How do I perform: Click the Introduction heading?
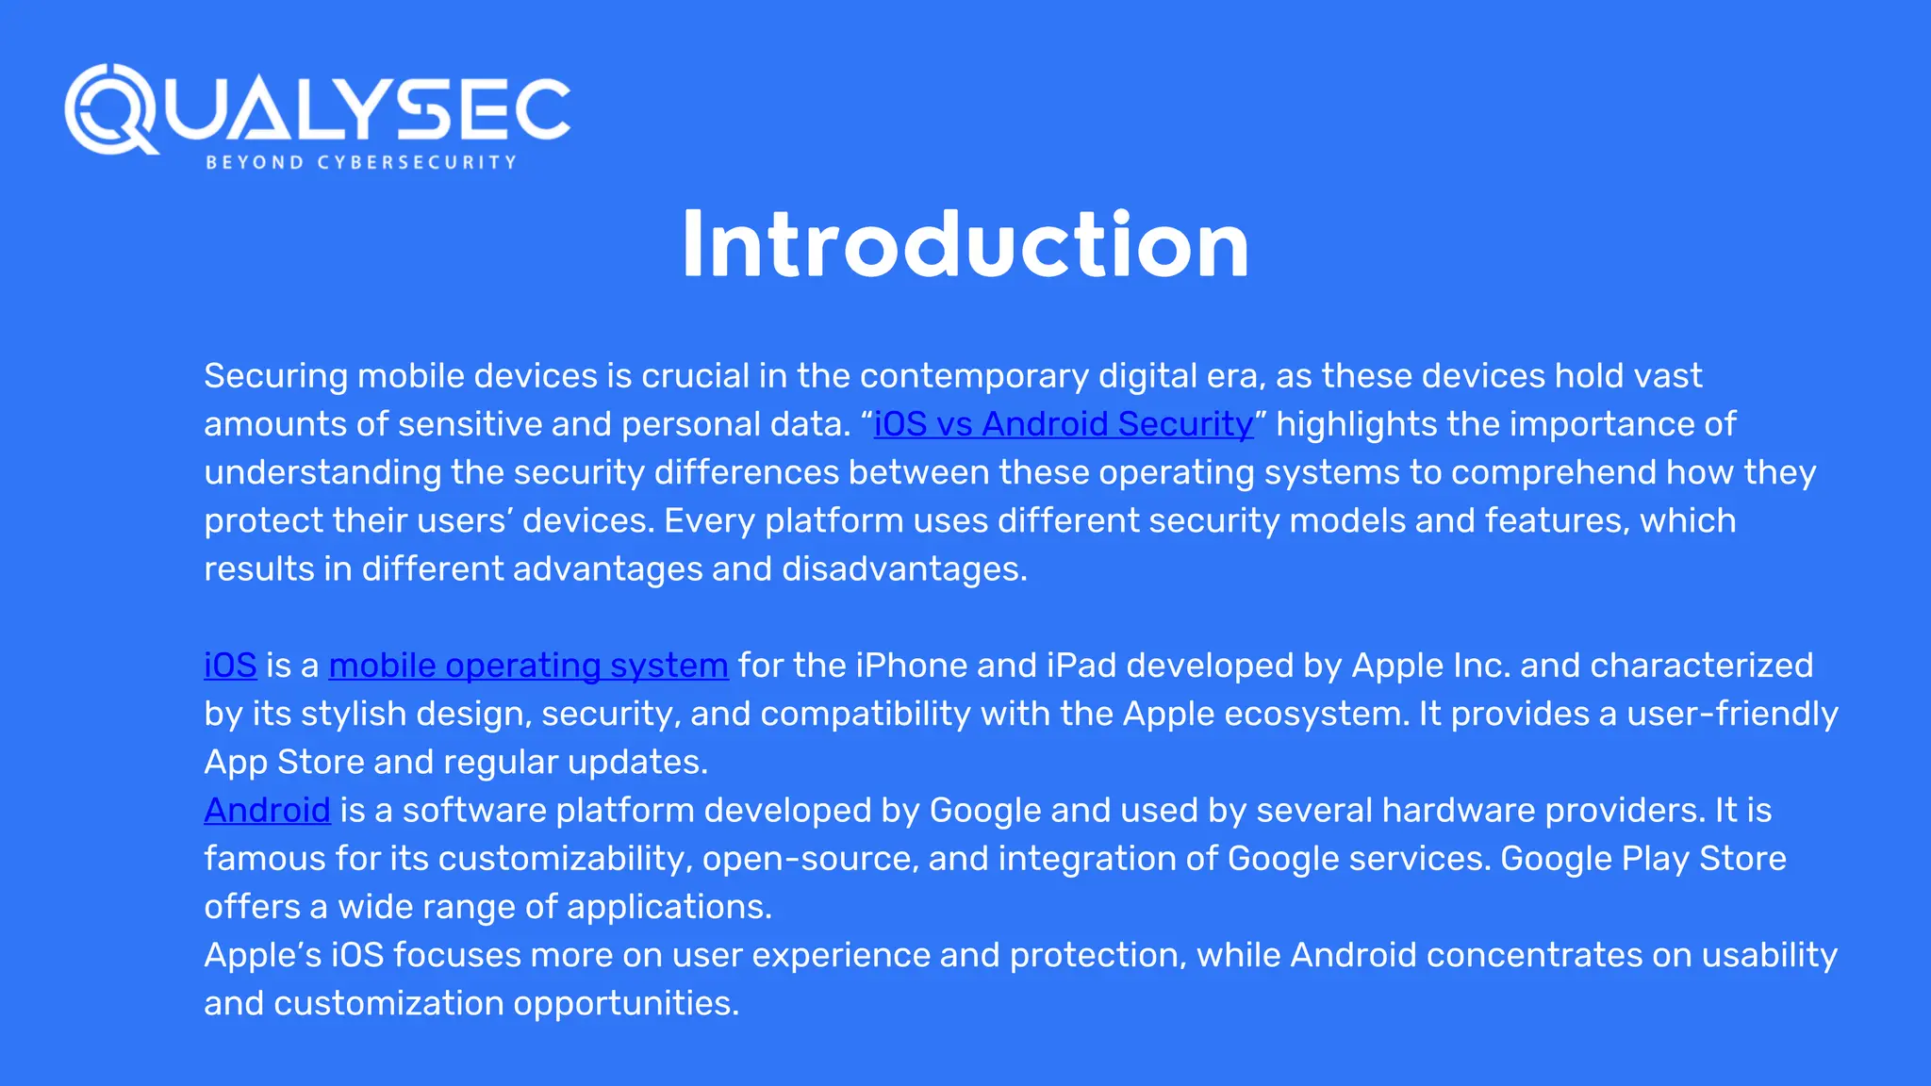click(965, 245)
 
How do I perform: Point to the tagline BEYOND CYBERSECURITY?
click(361, 162)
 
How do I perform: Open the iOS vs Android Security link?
click(1064, 424)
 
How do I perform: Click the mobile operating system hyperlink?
click(528, 666)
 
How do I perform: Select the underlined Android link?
click(267, 811)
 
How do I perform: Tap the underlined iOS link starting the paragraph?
click(230, 666)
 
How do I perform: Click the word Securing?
click(276, 376)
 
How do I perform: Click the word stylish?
click(354, 714)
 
